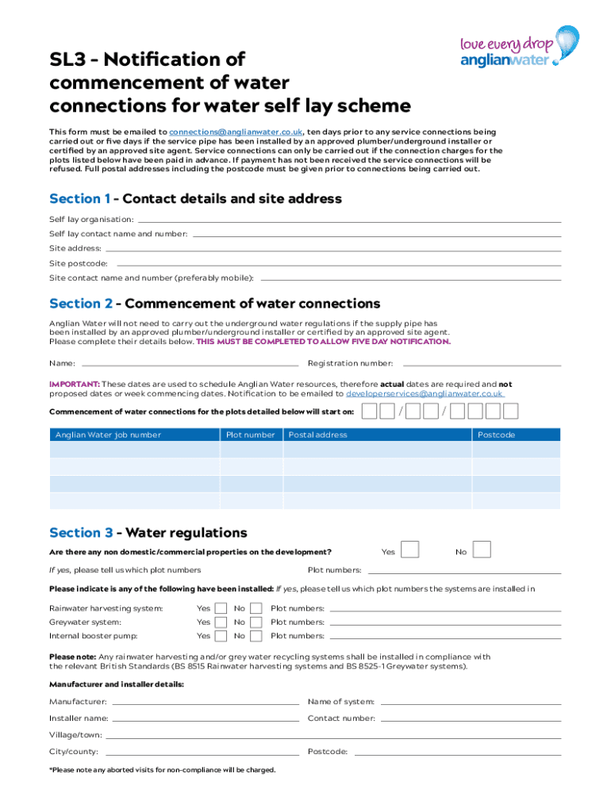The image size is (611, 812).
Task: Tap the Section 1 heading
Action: (195, 199)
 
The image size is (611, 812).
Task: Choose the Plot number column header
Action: (251, 435)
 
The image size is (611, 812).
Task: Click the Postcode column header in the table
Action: (496, 435)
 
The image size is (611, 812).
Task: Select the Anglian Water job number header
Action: (108, 435)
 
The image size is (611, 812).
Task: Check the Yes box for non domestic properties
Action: (410, 550)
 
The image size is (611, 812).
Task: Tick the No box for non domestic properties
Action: (482, 550)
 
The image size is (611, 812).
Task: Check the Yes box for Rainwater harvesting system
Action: (223, 608)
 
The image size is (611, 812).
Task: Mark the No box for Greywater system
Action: (256, 622)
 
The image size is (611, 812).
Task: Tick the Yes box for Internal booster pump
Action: (223, 636)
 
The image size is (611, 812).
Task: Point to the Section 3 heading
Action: (148, 533)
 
